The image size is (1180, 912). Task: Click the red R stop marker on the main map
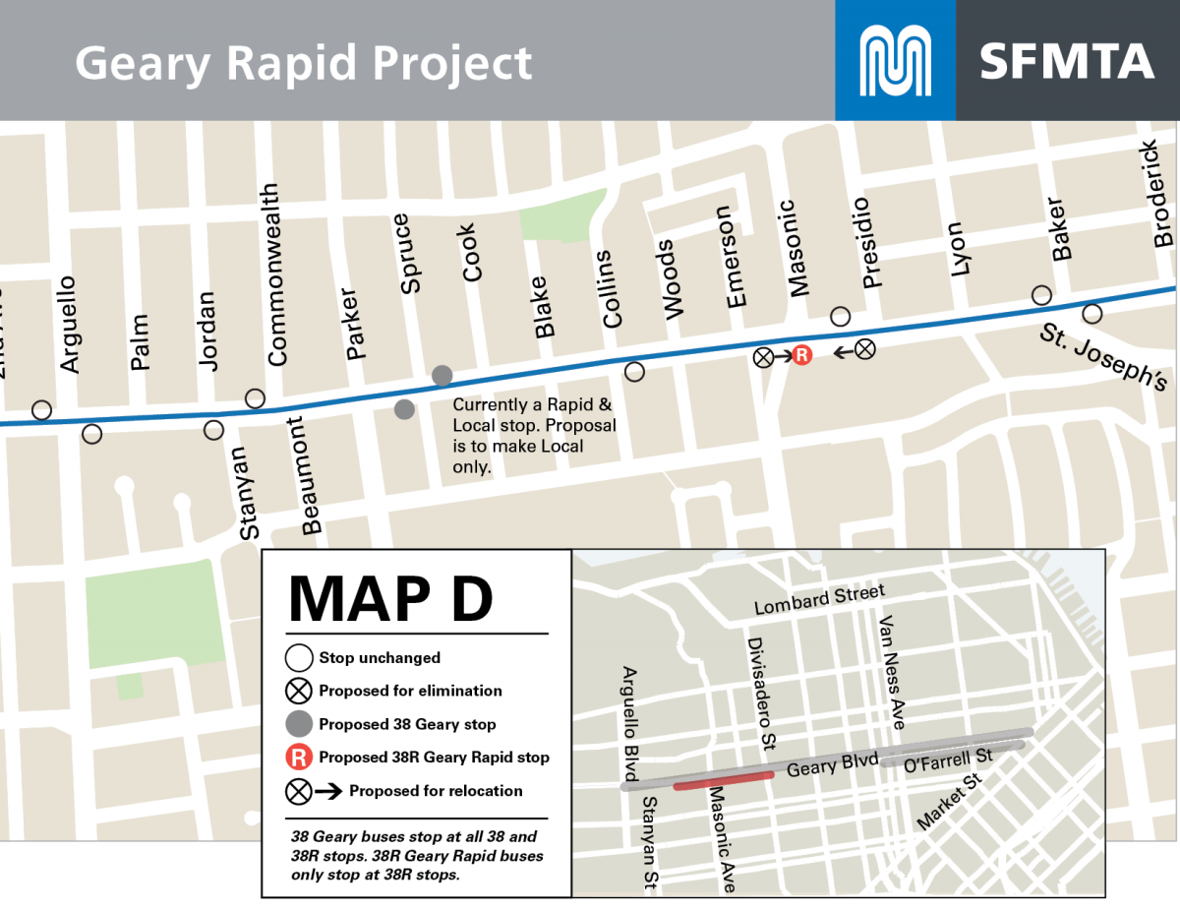[801, 356]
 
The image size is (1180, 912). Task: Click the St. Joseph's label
[1103, 358]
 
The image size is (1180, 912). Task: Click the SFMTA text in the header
[1066, 61]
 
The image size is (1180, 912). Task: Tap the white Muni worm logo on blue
[895, 61]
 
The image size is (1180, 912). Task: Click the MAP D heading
[390, 597]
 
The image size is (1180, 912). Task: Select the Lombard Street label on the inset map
[819, 599]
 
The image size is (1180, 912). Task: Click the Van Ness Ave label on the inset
[891, 673]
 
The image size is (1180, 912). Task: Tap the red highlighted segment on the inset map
[724, 780]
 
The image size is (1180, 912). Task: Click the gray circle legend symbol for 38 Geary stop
[299, 724]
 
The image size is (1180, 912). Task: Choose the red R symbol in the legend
[299, 758]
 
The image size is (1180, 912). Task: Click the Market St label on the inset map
[950, 802]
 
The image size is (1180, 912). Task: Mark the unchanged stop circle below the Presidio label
[840, 316]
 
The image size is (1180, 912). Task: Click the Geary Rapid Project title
[303, 63]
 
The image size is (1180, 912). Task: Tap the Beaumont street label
[311, 476]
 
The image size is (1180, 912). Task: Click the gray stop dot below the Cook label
[442, 375]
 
